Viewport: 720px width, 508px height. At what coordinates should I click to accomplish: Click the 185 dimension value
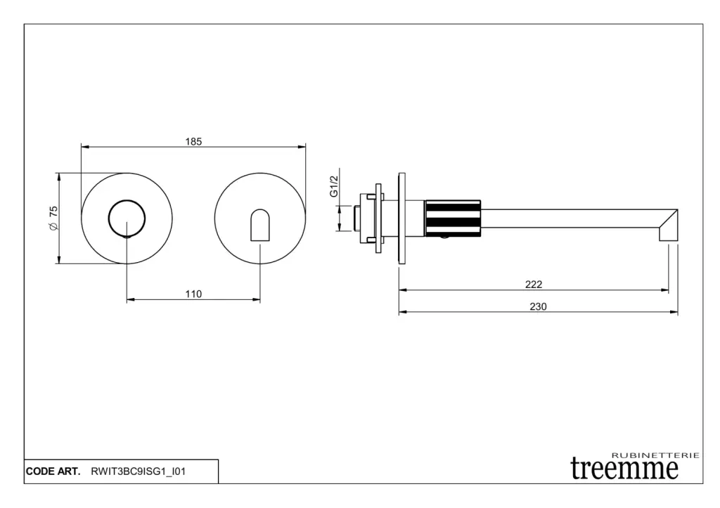(193, 141)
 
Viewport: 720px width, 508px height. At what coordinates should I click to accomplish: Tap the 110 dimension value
(193, 294)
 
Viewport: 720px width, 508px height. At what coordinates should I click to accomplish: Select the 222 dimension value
(534, 285)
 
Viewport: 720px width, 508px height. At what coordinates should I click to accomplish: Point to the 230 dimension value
(538, 306)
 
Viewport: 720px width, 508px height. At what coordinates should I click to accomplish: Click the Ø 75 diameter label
(53, 218)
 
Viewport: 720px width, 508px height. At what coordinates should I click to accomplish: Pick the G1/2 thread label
(334, 186)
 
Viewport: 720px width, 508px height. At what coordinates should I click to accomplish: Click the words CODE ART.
(53, 471)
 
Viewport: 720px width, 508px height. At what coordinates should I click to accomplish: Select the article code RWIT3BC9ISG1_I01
(139, 471)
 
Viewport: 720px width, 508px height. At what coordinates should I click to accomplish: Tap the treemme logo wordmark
(624, 469)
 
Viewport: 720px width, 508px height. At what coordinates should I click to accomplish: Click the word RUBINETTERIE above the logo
(656, 455)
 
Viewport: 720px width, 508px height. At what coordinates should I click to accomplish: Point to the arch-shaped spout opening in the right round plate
(260, 225)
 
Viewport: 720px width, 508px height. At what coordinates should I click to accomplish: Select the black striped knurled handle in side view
(453, 218)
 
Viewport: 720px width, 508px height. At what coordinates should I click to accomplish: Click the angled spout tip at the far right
(669, 225)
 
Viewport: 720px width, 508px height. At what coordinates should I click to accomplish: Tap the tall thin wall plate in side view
(401, 219)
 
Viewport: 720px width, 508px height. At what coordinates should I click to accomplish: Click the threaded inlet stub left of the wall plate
(356, 219)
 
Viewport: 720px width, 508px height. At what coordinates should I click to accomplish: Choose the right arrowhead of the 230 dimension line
(674, 312)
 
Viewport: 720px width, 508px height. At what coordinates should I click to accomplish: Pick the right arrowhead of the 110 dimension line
(256, 299)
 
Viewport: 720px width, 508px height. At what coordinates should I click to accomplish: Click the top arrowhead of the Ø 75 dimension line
(59, 177)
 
